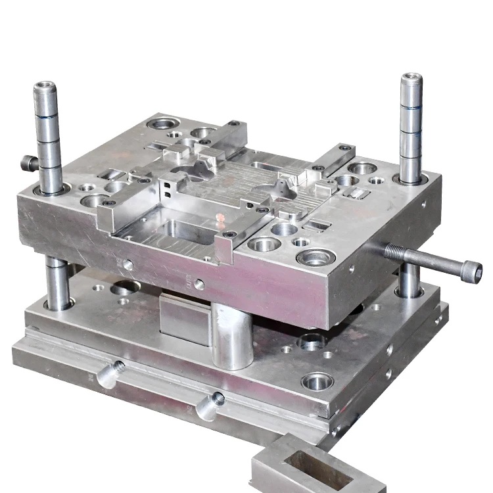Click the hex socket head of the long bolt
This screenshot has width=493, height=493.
point(471,270)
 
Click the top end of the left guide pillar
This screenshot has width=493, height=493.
point(45,87)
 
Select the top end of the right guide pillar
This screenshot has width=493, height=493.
point(411,80)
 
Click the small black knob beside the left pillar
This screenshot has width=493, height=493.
point(28,162)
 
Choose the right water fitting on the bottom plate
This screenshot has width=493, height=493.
point(210,404)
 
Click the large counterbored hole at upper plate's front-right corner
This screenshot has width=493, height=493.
point(316,256)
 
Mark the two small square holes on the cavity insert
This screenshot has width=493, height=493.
point(169,190)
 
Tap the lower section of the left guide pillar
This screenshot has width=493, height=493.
point(57,283)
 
